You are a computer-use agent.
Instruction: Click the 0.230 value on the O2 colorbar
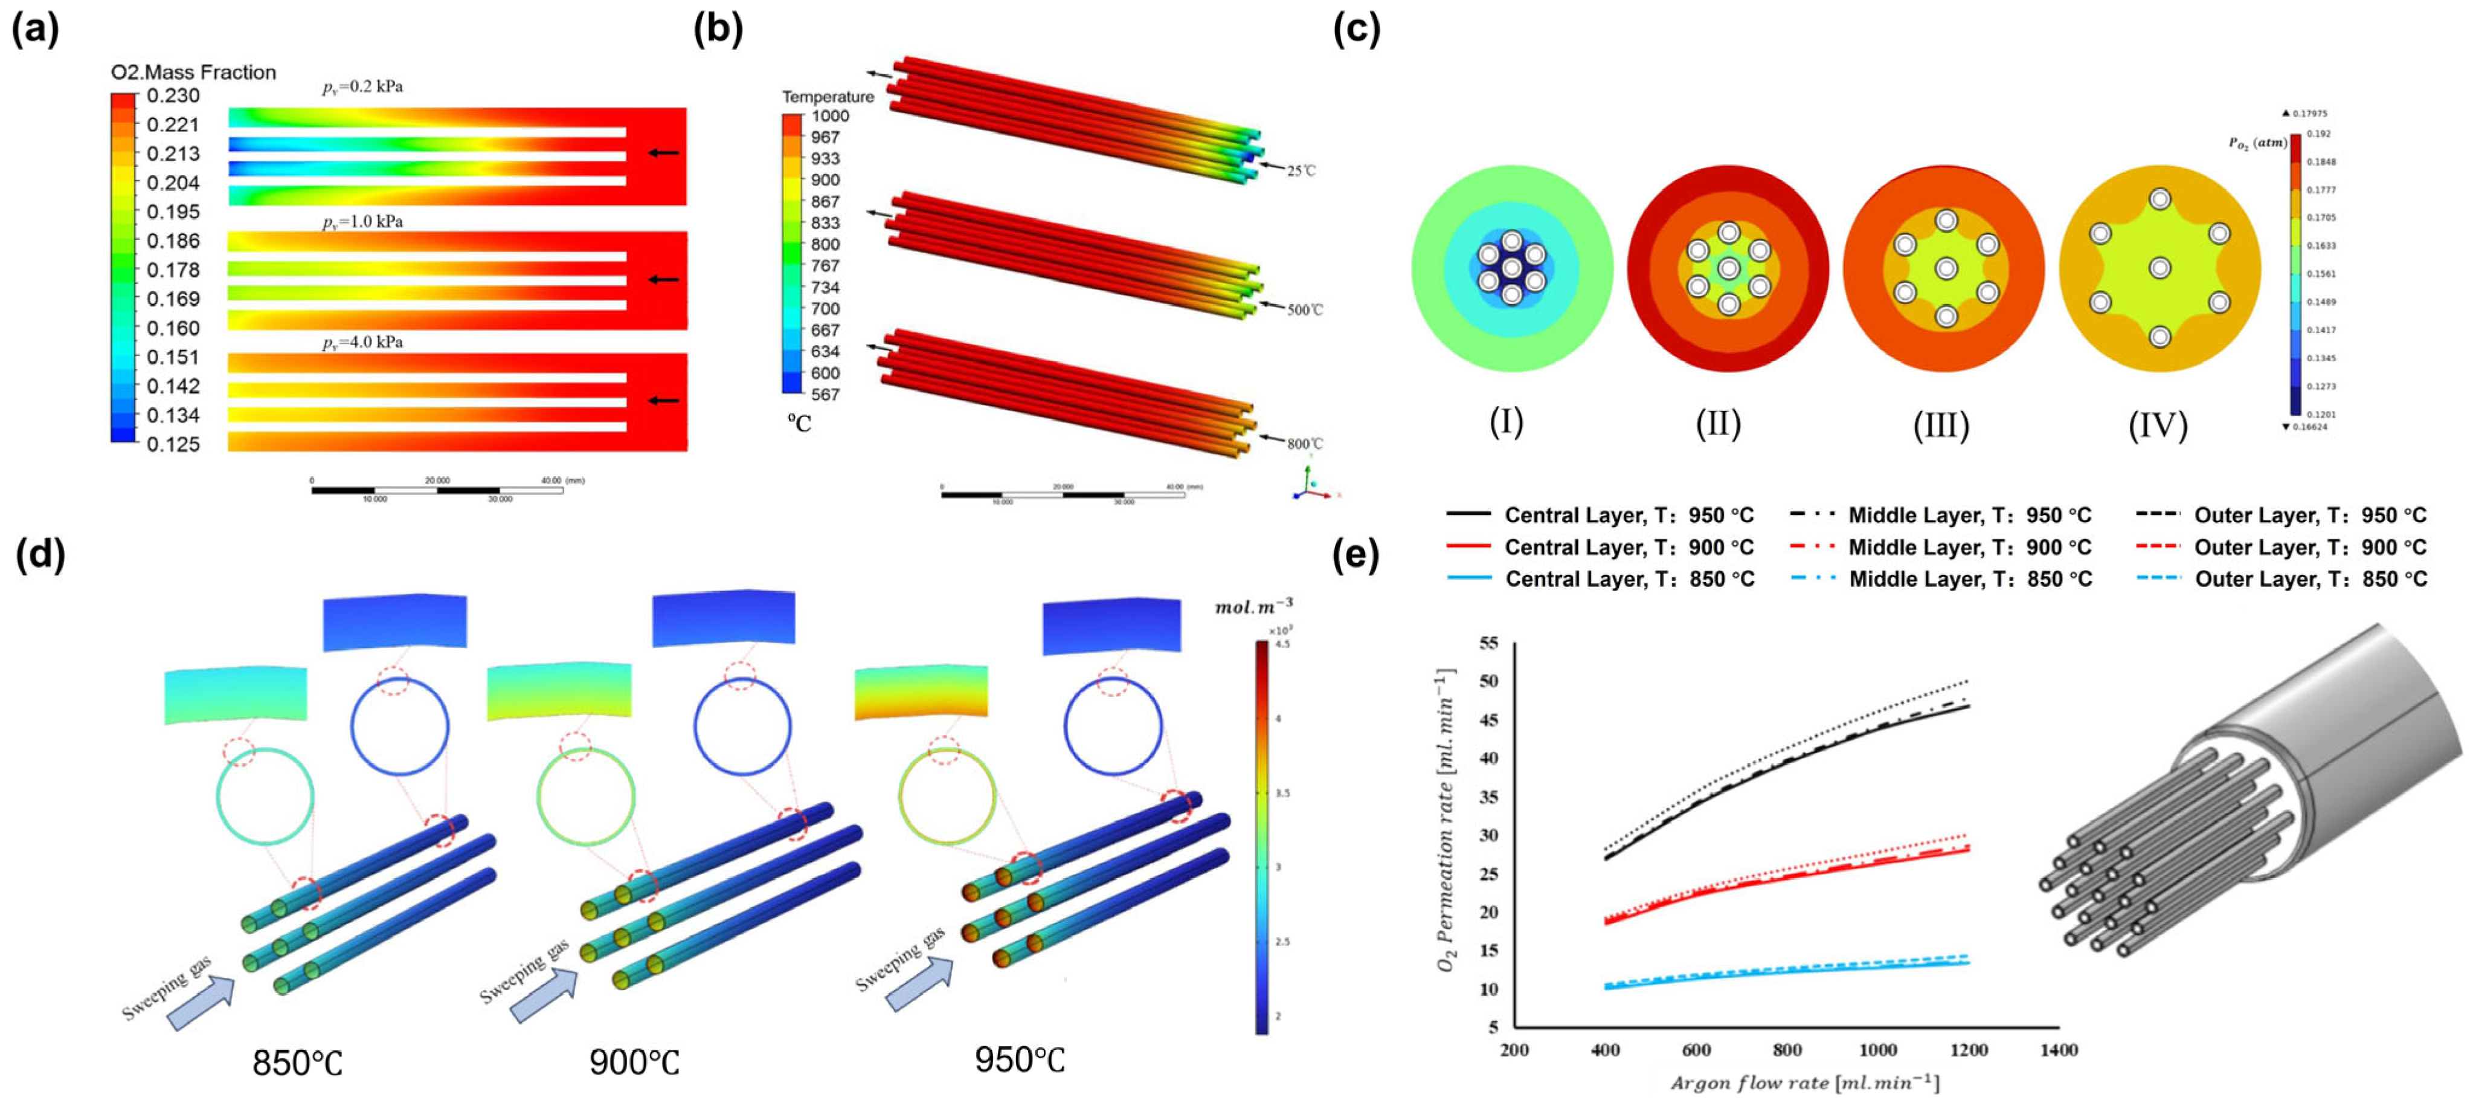point(173,95)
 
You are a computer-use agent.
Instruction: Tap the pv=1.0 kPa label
point(362,221)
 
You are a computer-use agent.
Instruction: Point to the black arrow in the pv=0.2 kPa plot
point(663,152)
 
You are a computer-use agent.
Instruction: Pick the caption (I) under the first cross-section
point(1506,421)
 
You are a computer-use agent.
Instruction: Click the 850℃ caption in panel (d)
point(297,1063)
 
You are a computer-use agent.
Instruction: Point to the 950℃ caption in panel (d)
point(1020,1059)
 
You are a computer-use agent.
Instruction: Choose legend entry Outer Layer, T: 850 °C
point(2310,579)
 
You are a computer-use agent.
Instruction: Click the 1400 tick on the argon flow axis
point(2059,1049)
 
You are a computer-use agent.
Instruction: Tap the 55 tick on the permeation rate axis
point(1488,643)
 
